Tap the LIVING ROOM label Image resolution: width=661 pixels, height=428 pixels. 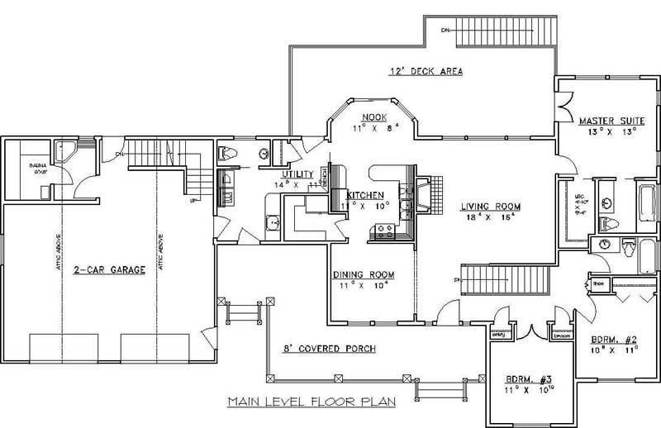tap(482, 207)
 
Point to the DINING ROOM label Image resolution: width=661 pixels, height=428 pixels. tap(364, 274)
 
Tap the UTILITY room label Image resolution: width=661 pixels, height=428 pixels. tap(297, 174)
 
